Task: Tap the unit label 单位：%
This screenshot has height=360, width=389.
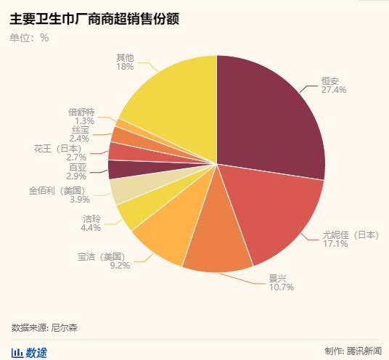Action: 30,38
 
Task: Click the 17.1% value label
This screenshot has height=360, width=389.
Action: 335,244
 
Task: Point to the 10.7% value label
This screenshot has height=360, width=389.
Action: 281,287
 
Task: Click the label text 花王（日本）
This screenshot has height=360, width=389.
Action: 60,148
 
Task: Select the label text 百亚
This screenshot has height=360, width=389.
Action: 77,167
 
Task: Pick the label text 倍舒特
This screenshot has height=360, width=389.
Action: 81,112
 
